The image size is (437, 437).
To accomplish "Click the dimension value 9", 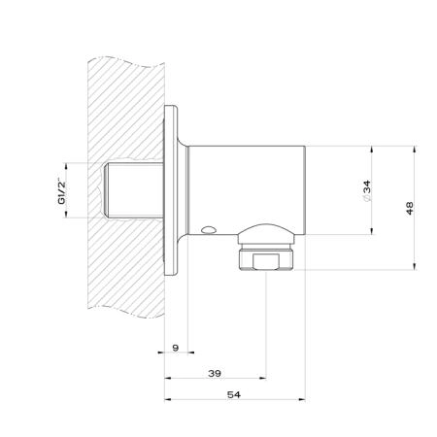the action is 176,348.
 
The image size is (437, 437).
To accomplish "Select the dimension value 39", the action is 215,373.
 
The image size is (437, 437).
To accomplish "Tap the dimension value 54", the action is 234,394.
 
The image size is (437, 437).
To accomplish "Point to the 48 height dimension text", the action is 410,208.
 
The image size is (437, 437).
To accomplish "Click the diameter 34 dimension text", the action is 366,191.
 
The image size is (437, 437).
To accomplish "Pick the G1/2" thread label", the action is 61,190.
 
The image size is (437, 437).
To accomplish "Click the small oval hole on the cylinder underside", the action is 208,230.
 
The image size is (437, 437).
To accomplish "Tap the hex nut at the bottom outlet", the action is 266,260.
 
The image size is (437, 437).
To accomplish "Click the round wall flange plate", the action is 171,190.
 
